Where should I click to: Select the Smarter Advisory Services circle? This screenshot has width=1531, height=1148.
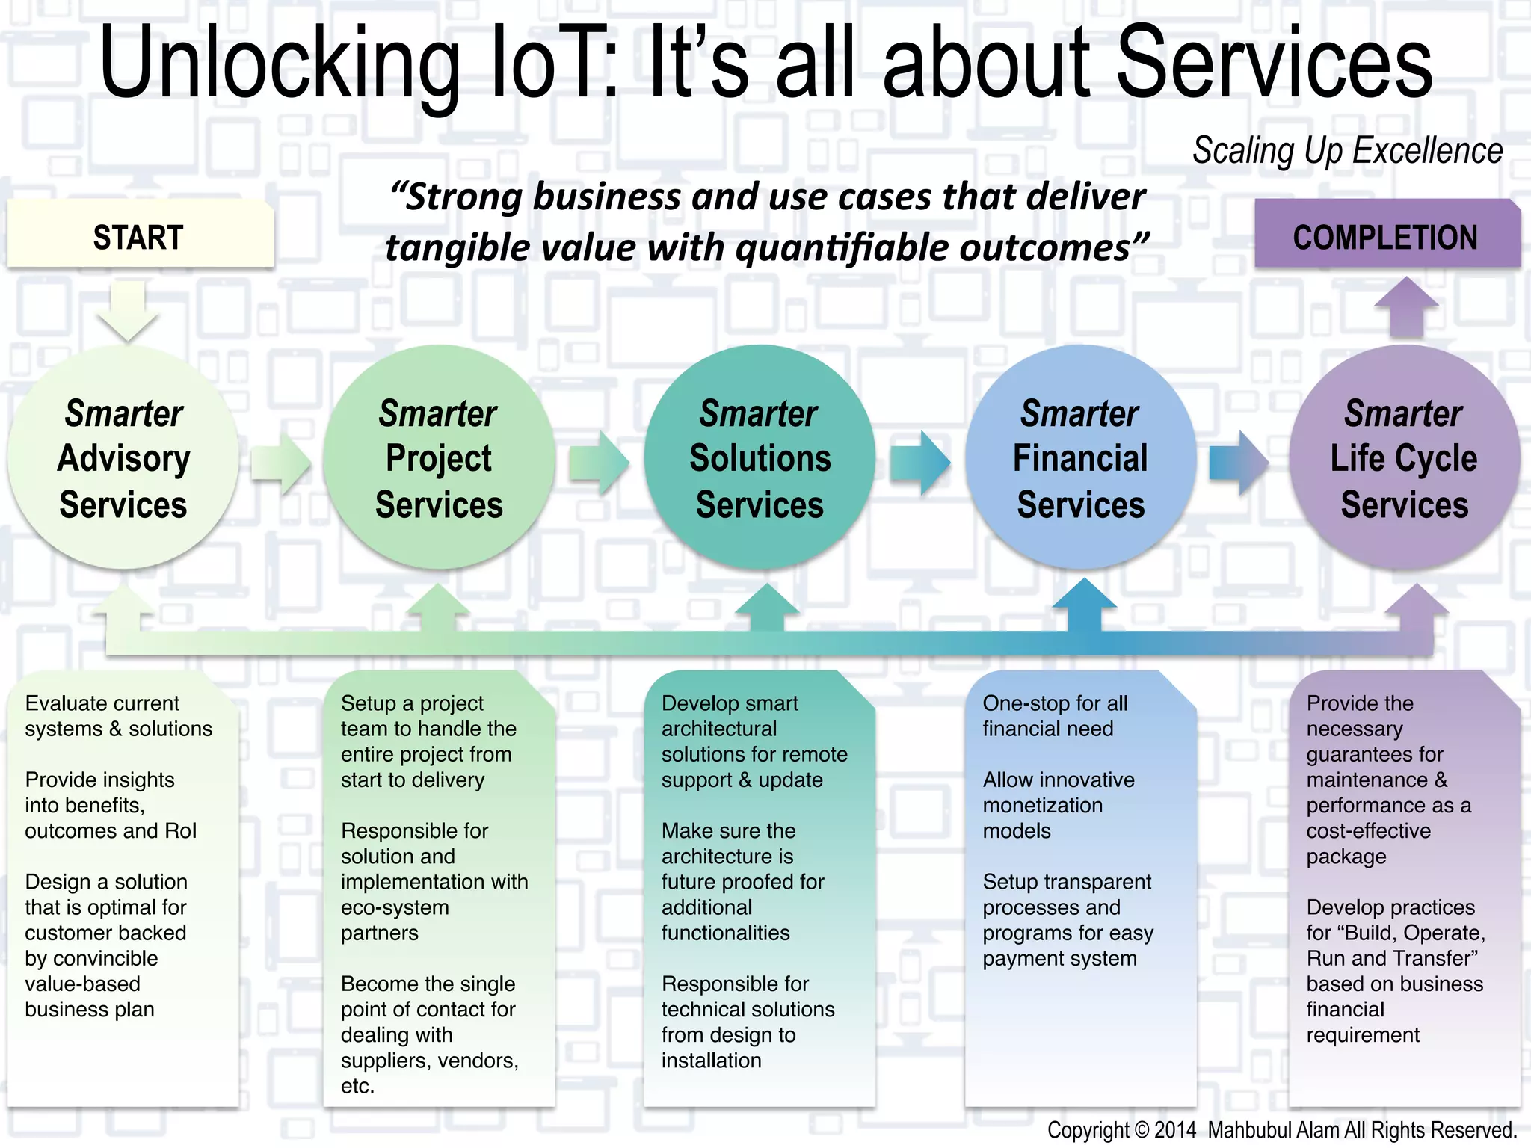pos(123,457)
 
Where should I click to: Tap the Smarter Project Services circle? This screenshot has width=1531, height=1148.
pos(439,457)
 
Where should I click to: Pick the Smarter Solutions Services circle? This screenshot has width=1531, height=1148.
pos(760,457)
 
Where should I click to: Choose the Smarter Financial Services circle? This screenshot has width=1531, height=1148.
pos(1080,457)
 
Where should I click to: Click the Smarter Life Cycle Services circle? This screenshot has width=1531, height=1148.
pos(1404,457)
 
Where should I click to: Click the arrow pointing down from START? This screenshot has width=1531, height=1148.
pos(128,310)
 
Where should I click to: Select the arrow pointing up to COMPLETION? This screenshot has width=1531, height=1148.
pos(1406,306)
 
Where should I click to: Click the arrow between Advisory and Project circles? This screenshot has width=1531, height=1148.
pos(281,463)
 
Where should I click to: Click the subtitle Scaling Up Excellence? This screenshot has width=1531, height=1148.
pos(1347,151)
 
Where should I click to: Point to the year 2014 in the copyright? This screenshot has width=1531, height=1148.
pos(1175,1130)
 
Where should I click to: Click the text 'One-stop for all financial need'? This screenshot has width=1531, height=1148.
pos(1054,716)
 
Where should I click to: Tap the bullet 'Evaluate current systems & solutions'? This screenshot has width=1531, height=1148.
pos(118,716)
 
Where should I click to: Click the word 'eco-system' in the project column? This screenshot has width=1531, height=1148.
pos(395,907)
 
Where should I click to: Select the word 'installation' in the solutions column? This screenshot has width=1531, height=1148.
pos(711,1061)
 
